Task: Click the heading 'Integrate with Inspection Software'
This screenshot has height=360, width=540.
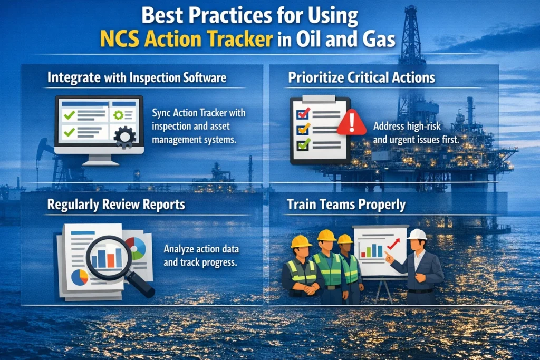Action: coord(137,78)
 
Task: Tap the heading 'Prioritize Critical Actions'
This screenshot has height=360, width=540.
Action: coord(361,78)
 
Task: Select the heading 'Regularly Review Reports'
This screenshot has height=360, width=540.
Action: coord(116,205)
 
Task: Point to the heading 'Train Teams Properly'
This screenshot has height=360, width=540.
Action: coord(346,205)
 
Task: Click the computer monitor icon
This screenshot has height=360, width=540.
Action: coord(99,124)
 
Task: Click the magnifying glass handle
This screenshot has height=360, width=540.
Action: coord(144,287)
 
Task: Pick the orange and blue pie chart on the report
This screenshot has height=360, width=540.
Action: coord(80,277)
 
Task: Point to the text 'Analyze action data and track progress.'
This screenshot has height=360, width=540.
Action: coord(198,255)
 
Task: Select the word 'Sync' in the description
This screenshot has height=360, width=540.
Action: coord(161,113)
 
